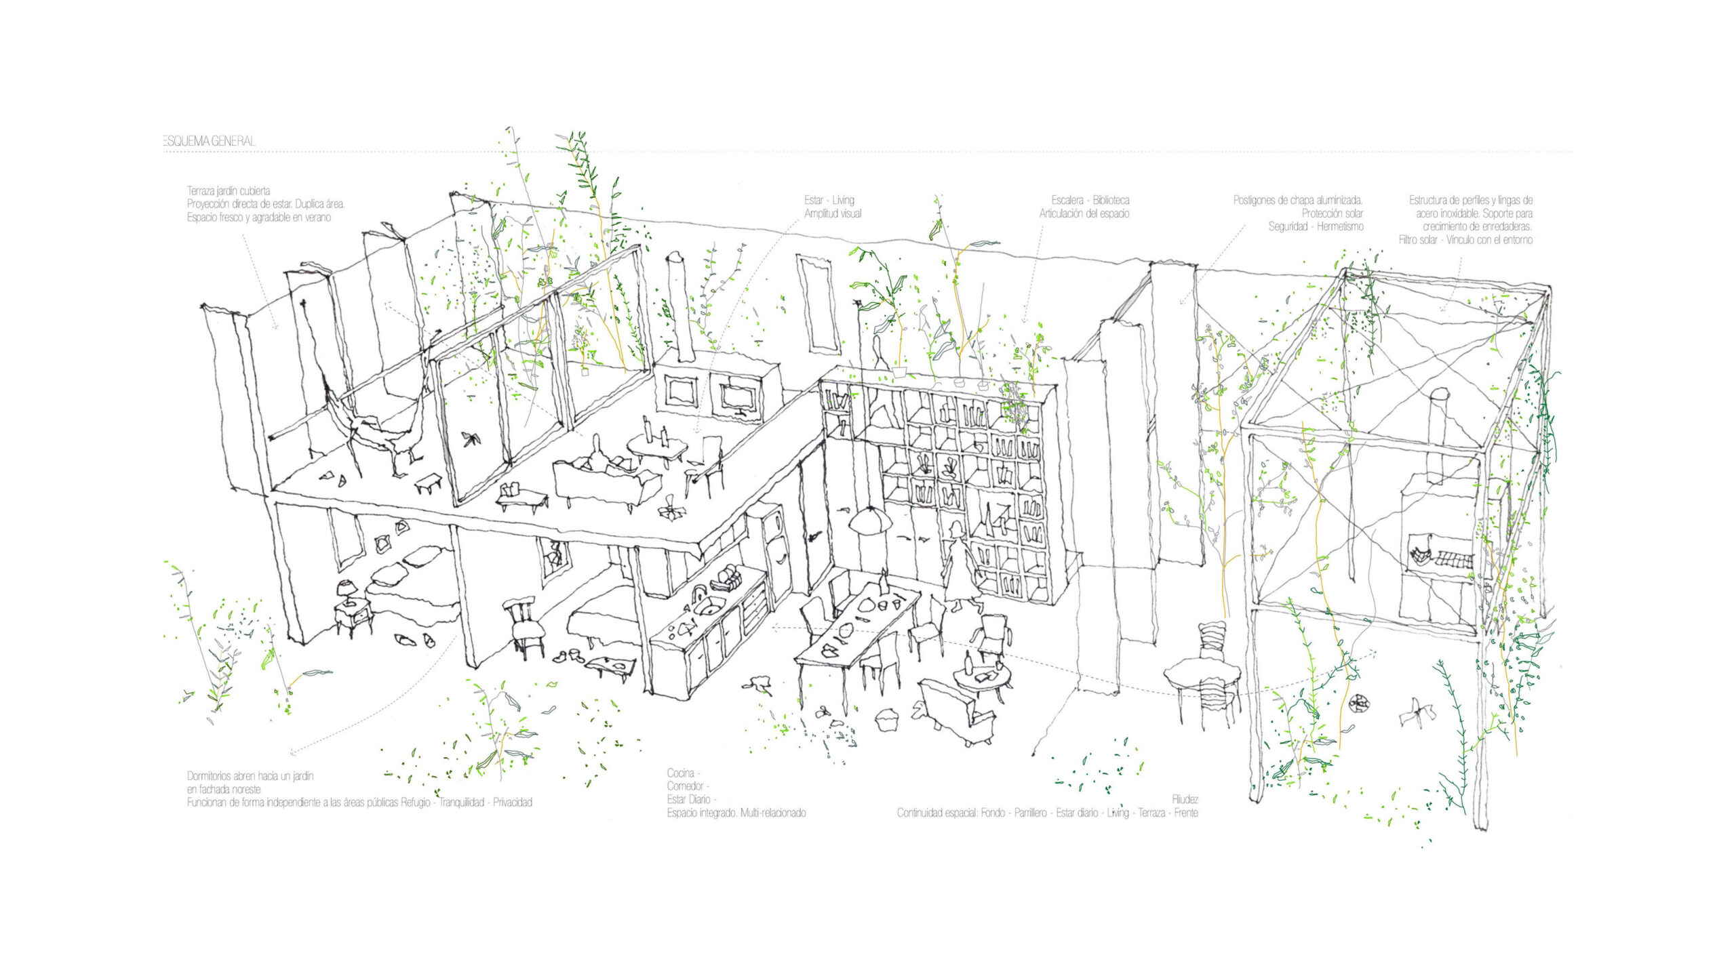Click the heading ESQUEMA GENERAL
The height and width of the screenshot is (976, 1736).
coord(210,141)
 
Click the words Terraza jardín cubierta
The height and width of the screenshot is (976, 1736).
coord(229,191)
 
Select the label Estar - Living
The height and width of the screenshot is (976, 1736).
coord(829,200)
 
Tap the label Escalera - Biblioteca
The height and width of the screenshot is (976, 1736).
coord(1090,200)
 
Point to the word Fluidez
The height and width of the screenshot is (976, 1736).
coord(1185,800)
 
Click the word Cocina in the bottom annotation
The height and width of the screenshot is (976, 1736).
coord(681,773)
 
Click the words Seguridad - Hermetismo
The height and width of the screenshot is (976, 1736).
coord(1316,227)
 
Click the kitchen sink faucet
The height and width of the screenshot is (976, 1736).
coord(698,595)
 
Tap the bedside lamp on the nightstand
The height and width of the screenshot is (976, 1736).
coord(348,591)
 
